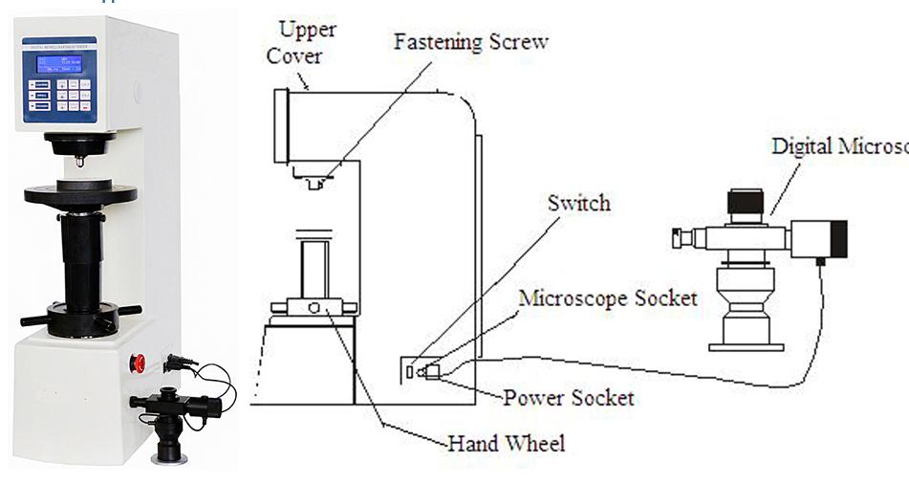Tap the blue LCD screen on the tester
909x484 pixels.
pos(56,64)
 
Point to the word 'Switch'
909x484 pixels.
pos(578,203)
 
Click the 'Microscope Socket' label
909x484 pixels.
pos(608,297)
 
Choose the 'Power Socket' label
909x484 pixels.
pos(569,396)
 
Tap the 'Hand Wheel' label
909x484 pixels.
pos(507,443)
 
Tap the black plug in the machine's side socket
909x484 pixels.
pos(178,363)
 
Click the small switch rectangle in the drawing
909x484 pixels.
pos(410,369)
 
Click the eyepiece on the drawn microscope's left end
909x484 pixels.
pos(681,235)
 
